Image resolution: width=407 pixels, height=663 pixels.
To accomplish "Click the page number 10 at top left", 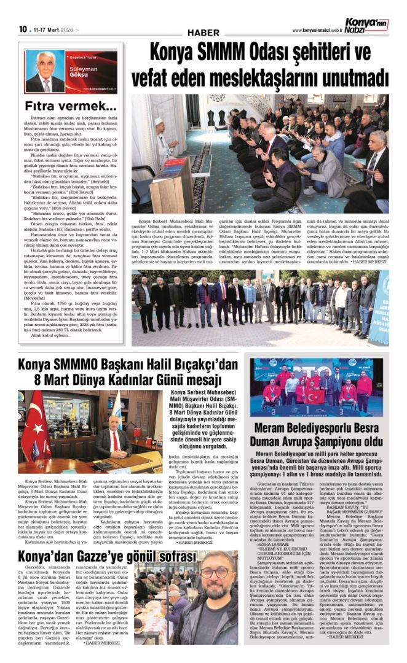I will pos(23,29).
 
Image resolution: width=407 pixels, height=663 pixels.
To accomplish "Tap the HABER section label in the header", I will pos(204,32).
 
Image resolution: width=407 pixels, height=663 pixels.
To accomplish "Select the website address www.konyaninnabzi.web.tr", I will pos(317,30).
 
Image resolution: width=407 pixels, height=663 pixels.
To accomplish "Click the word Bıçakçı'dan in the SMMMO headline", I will pos(202,365).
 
